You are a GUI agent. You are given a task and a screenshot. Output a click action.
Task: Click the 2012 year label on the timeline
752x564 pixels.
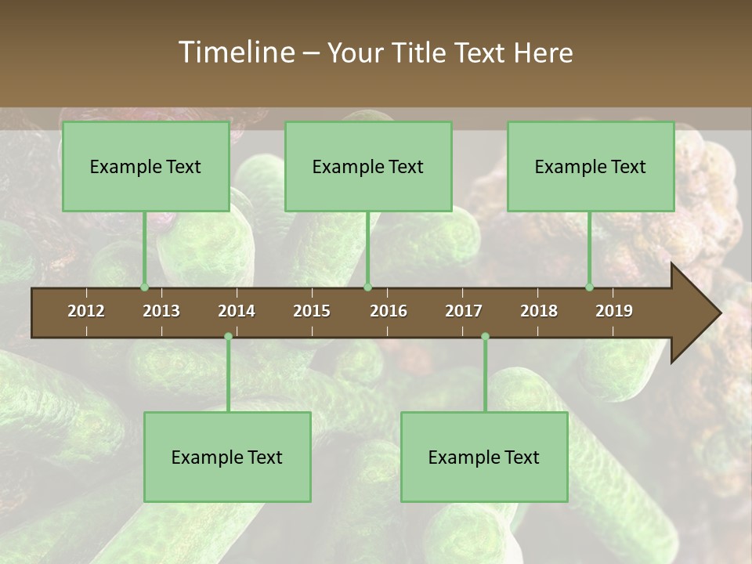click(86, 311)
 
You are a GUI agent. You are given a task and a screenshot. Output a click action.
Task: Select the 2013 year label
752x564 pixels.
click(161, 311)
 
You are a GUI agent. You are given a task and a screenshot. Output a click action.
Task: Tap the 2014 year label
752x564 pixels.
click(237, 311)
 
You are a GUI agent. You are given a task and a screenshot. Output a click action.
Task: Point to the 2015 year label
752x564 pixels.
click(312, 311)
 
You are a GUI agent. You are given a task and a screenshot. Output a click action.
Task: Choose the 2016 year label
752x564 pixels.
click(389, 311)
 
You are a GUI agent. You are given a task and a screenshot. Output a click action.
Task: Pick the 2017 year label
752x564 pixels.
click(464, 311)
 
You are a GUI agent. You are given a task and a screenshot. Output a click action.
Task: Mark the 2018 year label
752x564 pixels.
click(539, 311)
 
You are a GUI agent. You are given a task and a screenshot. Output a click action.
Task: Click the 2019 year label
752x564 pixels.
click(614, 311)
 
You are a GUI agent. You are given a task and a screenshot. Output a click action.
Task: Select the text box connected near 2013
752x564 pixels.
click(146, 166)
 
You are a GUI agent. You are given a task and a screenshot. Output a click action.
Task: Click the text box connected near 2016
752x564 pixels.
click(368, 166)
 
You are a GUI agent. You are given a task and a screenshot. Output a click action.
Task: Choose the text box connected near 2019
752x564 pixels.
click(591, 166)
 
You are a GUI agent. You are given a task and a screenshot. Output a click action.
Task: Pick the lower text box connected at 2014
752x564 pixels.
click(227, 457)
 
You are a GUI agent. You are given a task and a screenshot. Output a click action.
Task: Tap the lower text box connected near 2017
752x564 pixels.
click(484, 457)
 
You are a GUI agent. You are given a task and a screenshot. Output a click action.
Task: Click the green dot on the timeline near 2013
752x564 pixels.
click(144, 287)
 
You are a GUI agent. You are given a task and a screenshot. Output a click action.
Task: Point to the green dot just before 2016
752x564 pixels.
click(368, 287)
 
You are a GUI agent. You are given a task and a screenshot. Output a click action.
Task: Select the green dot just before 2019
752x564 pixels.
click(590, 287)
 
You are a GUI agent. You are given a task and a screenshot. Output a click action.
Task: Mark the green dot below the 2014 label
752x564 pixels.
click(228, 337)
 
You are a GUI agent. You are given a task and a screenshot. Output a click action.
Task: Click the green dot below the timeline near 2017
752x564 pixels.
click(485, 337)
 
